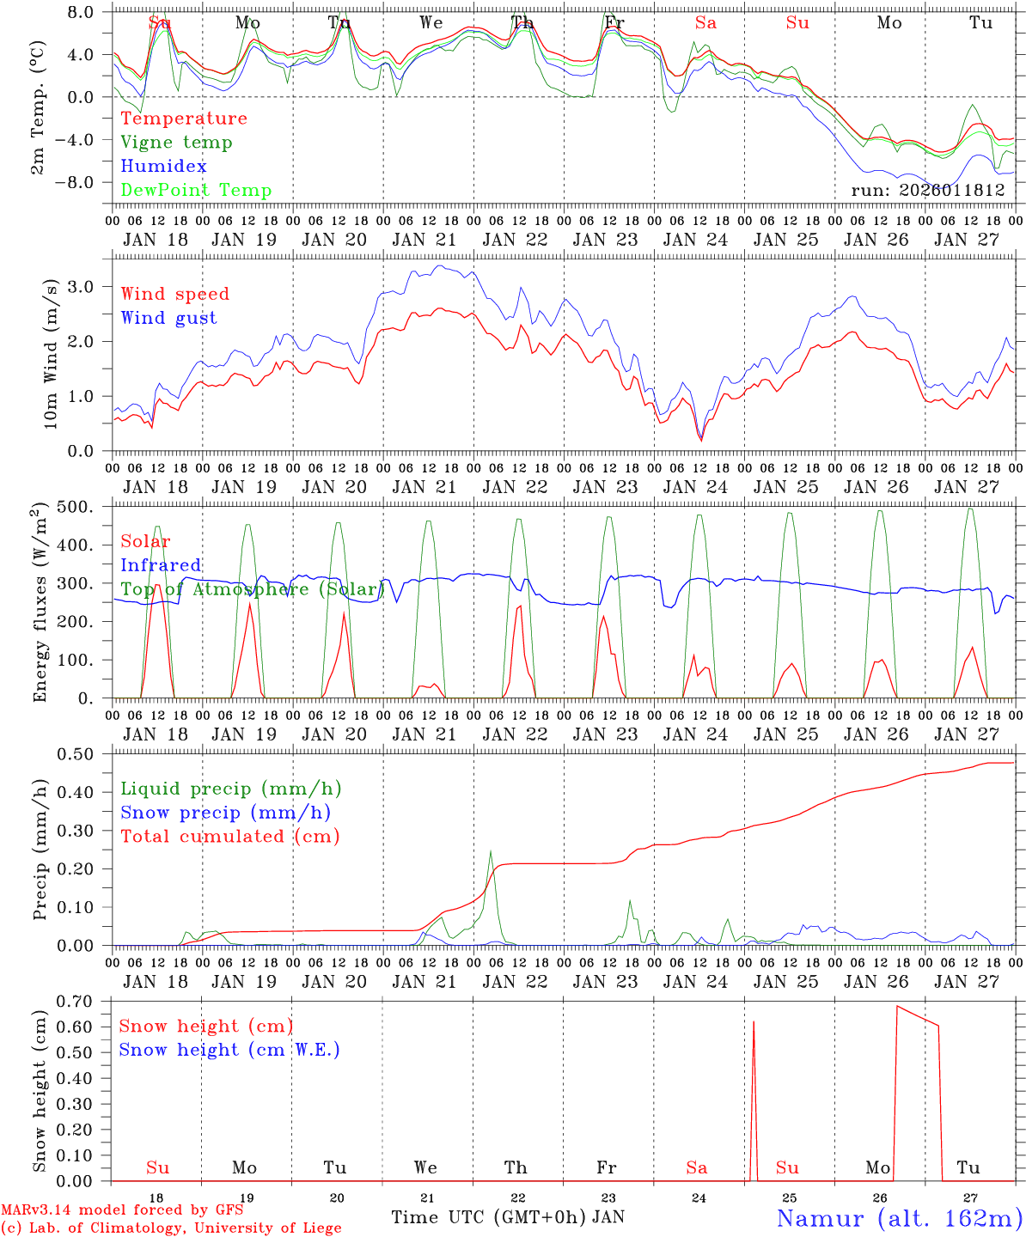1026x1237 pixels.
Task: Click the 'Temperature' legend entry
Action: point(184,119)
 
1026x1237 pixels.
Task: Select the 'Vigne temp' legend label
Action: point(176,143)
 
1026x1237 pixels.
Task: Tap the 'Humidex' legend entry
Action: point(164,167)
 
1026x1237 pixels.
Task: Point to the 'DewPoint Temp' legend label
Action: point(196,191)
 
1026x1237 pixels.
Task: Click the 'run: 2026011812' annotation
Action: point(927,190)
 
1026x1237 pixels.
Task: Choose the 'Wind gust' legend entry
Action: point(169,318)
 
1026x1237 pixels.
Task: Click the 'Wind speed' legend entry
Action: point(175,294)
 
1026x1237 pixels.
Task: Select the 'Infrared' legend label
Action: point(161,565)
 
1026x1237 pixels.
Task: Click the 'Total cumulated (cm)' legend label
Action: point(230,837)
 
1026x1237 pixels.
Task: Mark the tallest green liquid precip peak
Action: point(491,852)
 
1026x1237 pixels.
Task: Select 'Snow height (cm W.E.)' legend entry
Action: point(229,1050)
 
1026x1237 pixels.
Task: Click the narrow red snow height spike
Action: point(754,1023)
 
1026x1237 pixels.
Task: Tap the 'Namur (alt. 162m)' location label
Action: point(899,1218)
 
